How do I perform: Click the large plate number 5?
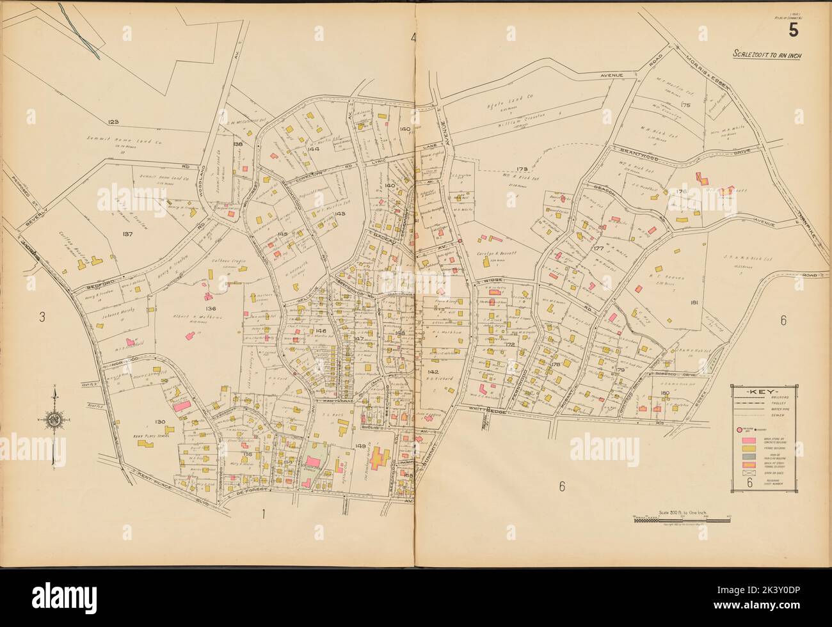(x=793, y=30)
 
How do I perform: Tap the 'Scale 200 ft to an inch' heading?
(x=767, y=54)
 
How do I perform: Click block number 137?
(x=127, y=234)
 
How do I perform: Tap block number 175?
(x=687, y=104)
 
